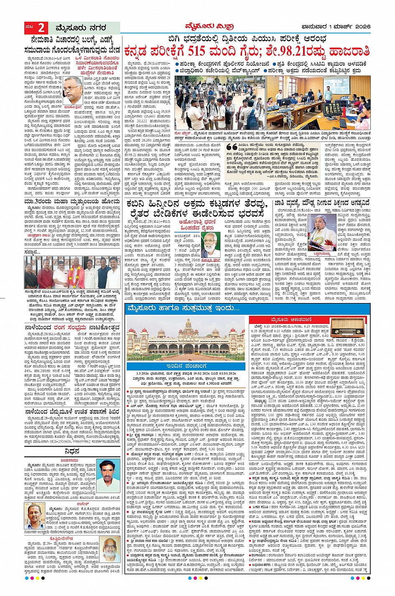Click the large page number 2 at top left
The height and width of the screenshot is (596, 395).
point(41,28)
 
